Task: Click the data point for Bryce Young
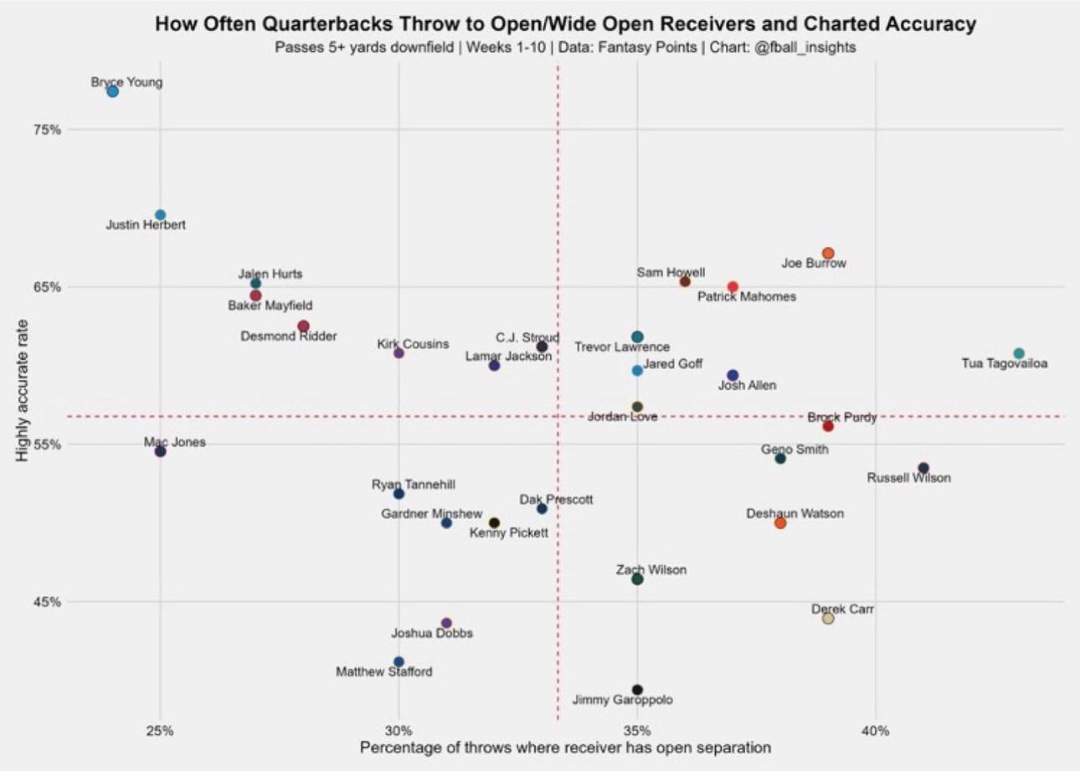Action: click(x=112, y=91)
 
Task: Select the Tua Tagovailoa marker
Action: click(x=1018, y=353)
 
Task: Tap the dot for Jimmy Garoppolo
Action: click(x=637, y=690)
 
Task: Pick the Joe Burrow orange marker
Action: click(x=828, y=254)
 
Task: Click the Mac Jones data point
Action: click(x=160, y=452)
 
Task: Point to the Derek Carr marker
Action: click(x=828, y=619)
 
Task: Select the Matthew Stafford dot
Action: click(x=399, y=662)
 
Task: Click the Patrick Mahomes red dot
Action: click(x=733, y=287)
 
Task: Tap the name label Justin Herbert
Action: click(x=146, y=225)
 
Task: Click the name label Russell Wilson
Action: click(x=908, y=478)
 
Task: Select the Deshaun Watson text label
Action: click(x=795, y=513)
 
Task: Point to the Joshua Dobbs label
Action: click(x=432, y=633)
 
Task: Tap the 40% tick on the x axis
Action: click(x=875, y=728)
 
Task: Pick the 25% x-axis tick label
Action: click(x=160, y=728)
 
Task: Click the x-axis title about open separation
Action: click(x=565, y=747)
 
